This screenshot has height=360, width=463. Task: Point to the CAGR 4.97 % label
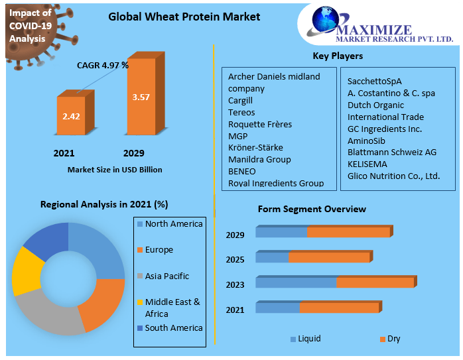coord(103,65)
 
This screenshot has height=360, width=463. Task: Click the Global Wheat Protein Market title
coord(184,17)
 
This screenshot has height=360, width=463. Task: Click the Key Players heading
coord(338,56)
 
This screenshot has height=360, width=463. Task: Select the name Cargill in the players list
coord(241,100)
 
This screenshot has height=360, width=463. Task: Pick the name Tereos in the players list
coord(241,112)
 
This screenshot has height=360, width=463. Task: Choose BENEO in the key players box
coord(242,171)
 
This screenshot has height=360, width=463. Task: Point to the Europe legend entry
coord(159,250)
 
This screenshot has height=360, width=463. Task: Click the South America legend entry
coord(173,328)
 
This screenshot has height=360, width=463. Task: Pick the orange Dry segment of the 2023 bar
coord(375,282)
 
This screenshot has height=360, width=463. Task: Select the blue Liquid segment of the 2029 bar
coord(281,232)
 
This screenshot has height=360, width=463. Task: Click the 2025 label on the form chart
coord(235,259)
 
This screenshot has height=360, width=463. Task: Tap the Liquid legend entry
coord(309,339)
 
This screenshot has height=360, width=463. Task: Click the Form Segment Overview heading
coord(312,209)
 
